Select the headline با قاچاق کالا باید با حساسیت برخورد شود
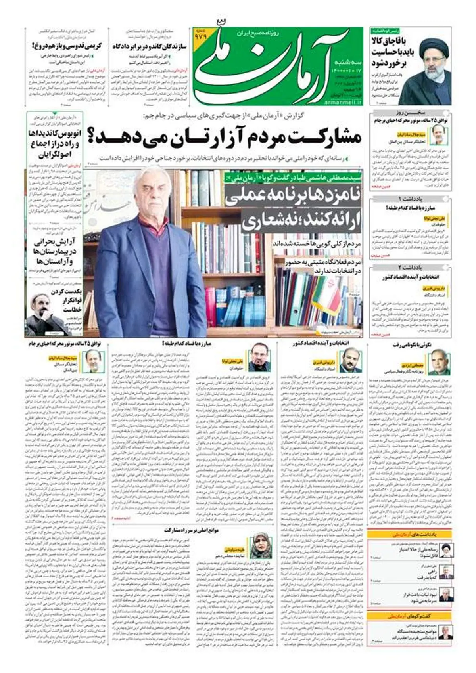point(391,52)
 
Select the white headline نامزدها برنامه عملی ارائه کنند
point(293,209)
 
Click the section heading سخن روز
point(411,113)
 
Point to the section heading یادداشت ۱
point(411,199)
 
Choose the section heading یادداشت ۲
point(411,268)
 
